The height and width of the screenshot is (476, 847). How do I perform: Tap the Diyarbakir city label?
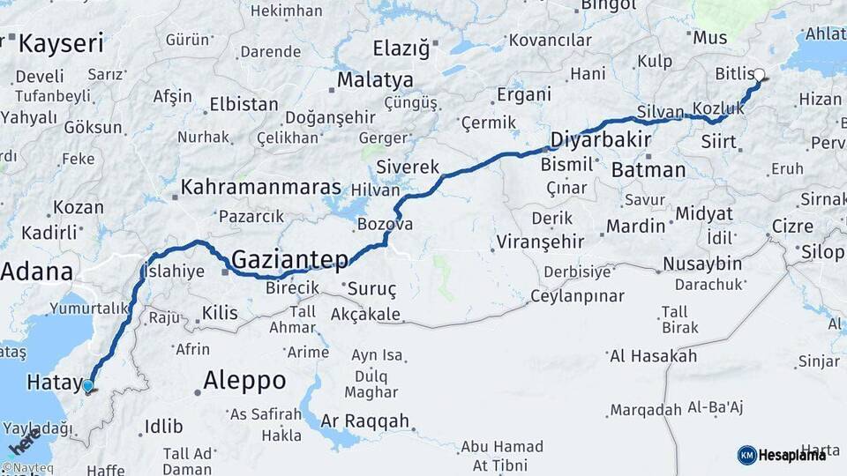pyautogui.click(x=601, y=140)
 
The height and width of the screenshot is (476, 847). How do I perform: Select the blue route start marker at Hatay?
pyautogui.click(x=87, y=385)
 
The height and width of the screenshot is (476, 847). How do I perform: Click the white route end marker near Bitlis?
pyautogui.click(x=759, y=75)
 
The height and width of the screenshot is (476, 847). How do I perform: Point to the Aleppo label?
pyautogui.click(x=244, y=381)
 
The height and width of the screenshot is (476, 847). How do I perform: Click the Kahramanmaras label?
pyautogui.click(x=260, y=187)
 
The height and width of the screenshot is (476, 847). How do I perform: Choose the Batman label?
pyautogui.click(x=648, y=170)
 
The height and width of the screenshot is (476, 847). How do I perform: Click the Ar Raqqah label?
pyautogui.click(x=365, y=421)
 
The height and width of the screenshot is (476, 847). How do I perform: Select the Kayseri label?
pyautogui.click(x=61, y=43)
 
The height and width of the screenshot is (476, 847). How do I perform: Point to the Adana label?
pyautogui.click(x=36, y=271)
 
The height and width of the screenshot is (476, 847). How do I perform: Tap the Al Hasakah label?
pyautogui.click(x=653, y=356)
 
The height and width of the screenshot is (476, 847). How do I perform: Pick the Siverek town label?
pyautogui.click(x=407, y=167)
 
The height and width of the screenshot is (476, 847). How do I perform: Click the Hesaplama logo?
pyautogui.click(x=783, y=455)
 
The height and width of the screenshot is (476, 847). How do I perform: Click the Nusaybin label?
pyautogui.click(x=703, y=264)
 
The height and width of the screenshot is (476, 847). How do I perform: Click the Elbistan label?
pyautogui.click(x=243, y=104)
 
